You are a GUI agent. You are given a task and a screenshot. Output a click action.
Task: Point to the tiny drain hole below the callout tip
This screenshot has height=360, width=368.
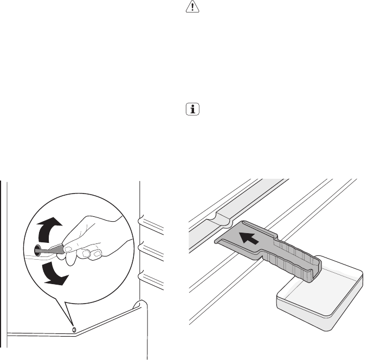coord(73,329)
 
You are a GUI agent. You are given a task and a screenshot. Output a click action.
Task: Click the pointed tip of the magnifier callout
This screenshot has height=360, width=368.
coord(72,325)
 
